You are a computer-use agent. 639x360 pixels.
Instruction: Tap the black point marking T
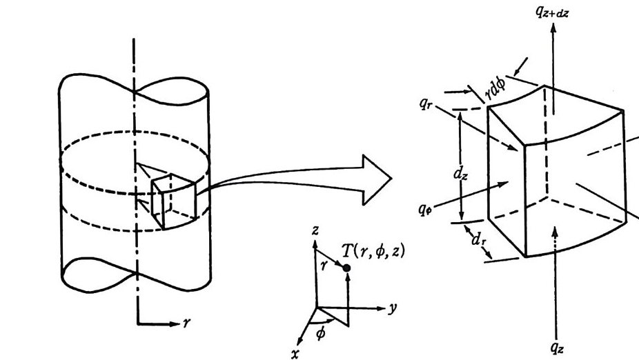[346, 267]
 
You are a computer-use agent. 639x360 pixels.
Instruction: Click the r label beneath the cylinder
[186, 322]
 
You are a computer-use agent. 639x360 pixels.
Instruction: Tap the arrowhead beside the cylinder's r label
[173, 321]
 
